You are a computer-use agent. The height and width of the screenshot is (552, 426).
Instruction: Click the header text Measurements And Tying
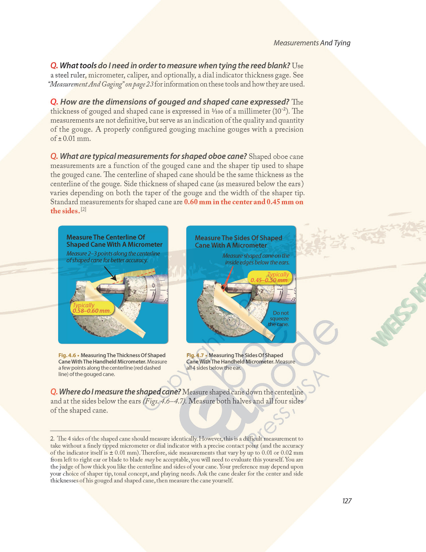point(312,43)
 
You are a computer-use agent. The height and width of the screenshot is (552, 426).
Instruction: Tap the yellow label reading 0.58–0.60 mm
point(91,308)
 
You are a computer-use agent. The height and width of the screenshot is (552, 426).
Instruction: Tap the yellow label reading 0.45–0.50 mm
point(269,277)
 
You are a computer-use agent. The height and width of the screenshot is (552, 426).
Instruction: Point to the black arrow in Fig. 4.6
point(110,273)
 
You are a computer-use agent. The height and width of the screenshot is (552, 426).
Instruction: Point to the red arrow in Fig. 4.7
point(228,278)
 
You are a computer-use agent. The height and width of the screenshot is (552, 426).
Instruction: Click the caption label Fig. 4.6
point(67,355)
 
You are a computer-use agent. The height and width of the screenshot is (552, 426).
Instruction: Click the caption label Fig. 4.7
point(195,355)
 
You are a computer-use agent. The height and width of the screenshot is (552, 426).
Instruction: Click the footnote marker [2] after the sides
point(83,209)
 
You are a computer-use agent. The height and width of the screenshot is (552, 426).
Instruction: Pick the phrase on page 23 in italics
point(139,84)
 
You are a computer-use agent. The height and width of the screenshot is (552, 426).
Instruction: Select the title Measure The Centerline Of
point(106,237)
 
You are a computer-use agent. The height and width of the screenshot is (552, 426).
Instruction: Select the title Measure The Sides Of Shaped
point(238,238)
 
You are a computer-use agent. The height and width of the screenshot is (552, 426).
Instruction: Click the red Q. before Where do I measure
point(54,392)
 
